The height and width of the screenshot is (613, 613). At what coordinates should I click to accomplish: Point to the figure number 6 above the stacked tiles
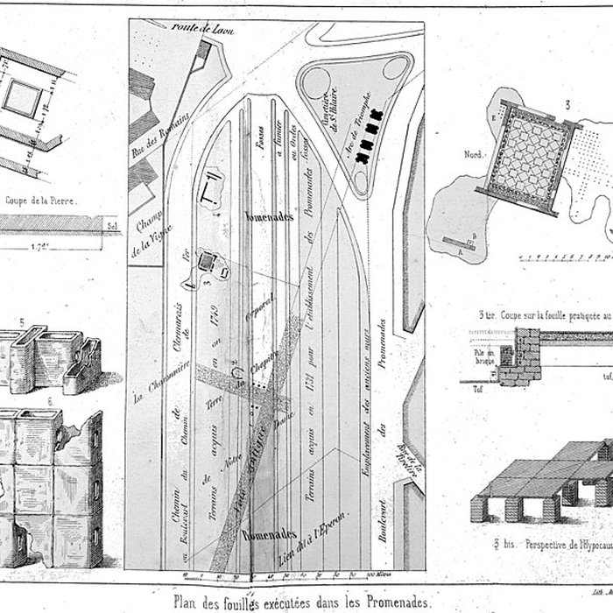[49, 401]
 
